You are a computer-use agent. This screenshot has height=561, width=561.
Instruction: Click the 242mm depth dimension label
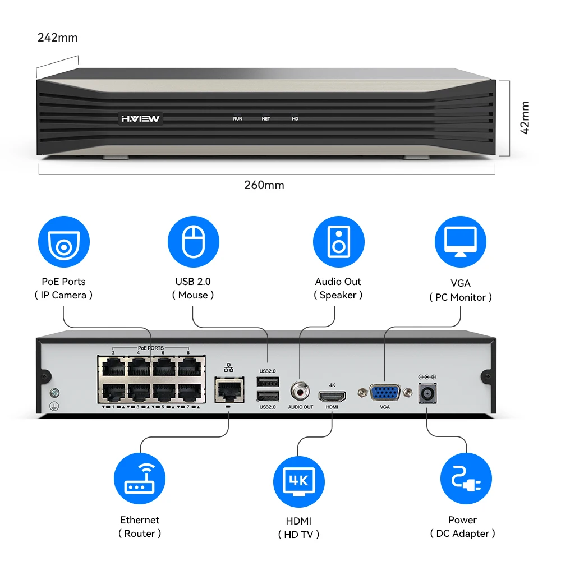click(x=58, y=38)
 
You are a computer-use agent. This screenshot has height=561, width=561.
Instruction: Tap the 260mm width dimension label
click(x=264, y=185)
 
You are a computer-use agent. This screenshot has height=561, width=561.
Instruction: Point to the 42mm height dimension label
click(x=525, y=118)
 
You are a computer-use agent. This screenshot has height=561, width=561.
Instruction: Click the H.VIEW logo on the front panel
click(x=140, y=119)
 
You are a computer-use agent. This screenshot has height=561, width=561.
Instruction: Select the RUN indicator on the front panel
click(x=238, y=119)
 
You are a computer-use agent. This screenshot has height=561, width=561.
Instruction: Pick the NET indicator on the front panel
click(x=266, y=119)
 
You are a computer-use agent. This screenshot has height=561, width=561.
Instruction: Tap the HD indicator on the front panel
click(x=295, y=119)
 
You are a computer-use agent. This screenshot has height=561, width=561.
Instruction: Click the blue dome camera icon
click(x=64, y=242)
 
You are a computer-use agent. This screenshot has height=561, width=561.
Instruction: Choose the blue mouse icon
click(x=193, y=242)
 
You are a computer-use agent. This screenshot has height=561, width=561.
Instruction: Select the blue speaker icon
click(x=338, y=242)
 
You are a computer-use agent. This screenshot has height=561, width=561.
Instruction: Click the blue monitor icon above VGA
click(x=460, y=242)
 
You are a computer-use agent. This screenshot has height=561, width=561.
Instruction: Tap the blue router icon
click(x=140, y=479)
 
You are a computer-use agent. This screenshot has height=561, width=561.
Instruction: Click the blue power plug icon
click(x=466, y=479)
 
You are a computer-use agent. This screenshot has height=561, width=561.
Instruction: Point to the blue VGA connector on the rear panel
click(x=385, y=392)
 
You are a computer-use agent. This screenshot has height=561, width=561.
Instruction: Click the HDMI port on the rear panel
click(x=332, y=396)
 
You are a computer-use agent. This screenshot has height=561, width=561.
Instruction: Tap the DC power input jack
click(x=426, y=393)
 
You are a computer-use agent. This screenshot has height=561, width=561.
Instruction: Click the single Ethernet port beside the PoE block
click(x=228, y=388)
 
